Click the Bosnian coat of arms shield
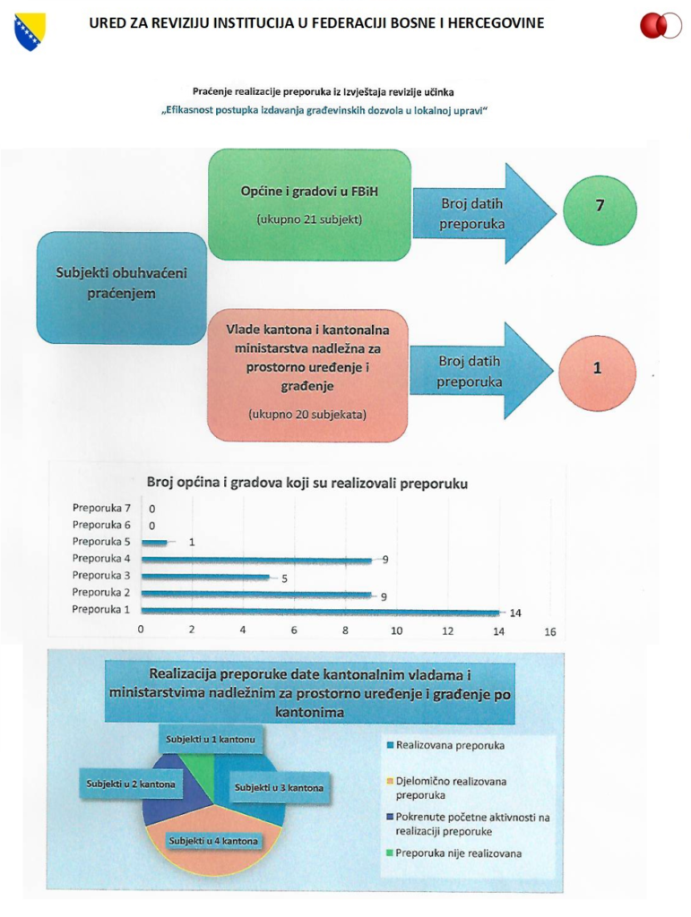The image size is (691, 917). [x=30, y=31]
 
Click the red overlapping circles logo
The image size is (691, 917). [x=661, y=26]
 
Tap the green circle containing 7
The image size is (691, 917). [x=600, y=210]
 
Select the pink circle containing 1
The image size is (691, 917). [x=597, y=373]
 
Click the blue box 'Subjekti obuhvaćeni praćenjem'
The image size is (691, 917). [x=122, y=287]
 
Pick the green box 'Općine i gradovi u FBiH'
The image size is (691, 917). [x=309, y=205]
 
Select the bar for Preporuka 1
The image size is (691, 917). [x=320, y=612]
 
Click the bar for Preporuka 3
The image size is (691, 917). [x=205, y=578]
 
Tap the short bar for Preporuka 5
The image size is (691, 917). [x=154, y=543]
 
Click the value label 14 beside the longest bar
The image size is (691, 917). [x=514, y=613]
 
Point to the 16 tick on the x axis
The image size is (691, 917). [x=550, y=631]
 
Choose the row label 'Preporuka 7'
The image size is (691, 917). [x=101, y=509]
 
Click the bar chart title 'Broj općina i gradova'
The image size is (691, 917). [x=307, y=483]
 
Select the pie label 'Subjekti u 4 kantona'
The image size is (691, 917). [x=213, y=841]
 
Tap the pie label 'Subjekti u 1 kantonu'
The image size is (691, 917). [x=210, y=739]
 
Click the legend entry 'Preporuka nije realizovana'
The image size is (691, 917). [x=454, y=853]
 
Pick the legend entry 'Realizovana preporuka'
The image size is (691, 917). [x=445, y=746]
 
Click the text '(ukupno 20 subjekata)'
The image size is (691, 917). [x=307, y=415]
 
